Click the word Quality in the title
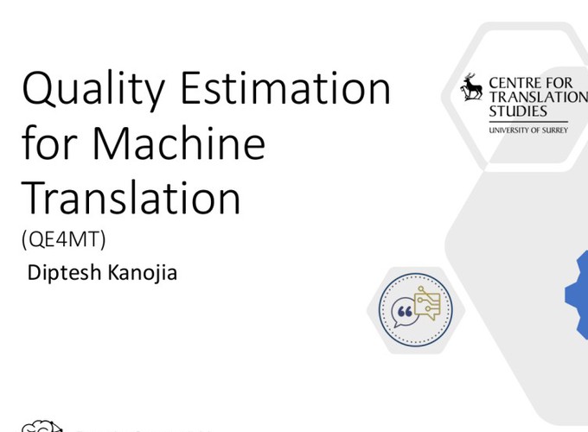[93, 91]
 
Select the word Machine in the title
[178, 143]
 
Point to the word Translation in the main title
[131, 197]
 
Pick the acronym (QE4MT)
[64, 239]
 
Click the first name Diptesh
[65, 273]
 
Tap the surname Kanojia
[143, 273]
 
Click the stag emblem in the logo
[471, 87]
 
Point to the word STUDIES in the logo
[518, 111]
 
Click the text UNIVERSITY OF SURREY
[528, 130]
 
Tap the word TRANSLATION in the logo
[539, 97]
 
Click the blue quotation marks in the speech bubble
[405, 311]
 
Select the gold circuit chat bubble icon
[427, 302]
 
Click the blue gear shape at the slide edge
[578, 295]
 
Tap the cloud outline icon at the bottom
[42, 426]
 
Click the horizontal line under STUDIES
[528, 122]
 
